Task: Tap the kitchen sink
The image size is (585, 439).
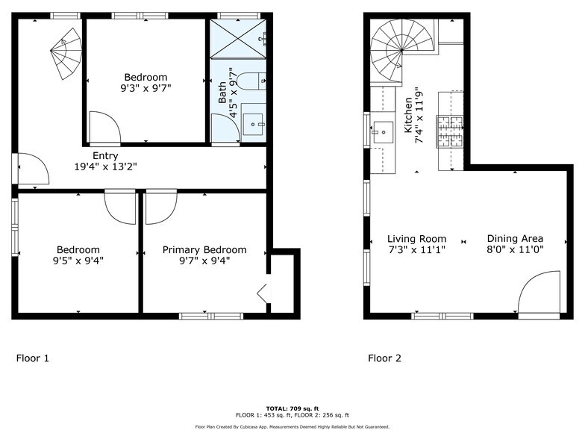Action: pos(384,133)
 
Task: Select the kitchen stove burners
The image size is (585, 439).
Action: pos(450,130)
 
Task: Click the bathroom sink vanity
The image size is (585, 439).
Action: pos(254,121)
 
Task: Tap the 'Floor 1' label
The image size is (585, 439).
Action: pos(33,358)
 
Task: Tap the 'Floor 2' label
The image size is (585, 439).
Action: pos(384,358)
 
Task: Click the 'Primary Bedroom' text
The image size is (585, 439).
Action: pos(204,250)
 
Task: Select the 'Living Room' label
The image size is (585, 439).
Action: pos(416,239)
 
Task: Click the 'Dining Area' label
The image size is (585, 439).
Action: pos(515,239)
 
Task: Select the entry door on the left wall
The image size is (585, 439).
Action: pos(31,169)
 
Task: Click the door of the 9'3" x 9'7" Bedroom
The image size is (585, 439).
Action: pos(102,127)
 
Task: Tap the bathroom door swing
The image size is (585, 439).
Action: pos(225,128)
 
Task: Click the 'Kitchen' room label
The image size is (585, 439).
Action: pos(408,116)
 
